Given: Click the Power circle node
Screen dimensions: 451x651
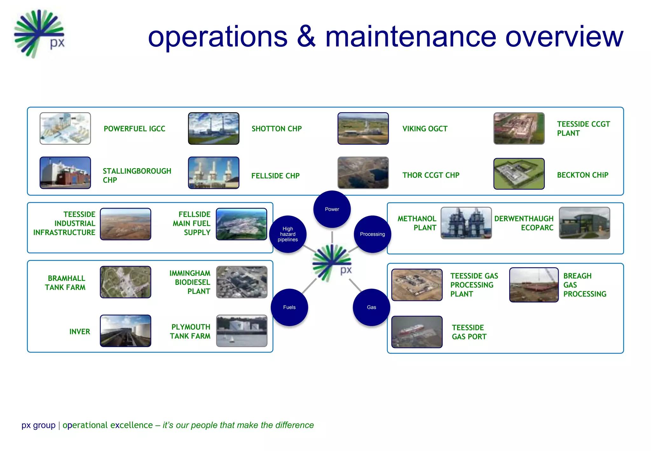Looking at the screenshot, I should click(x=332, y=209).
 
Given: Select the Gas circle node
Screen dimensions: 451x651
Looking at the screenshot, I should click(x=371, y=307).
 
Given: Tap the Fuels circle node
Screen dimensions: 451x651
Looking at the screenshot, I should click(x=289, y=307).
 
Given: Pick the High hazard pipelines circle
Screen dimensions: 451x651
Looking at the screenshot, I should click(x=288, y=234).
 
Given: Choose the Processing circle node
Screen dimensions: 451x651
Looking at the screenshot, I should click(x=372, y=234).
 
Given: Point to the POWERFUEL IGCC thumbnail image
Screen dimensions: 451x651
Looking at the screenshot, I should click(x=65, y=128).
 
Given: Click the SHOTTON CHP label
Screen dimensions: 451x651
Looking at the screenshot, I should click(x=277, y=129).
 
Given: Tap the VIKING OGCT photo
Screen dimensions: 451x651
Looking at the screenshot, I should click(x=363, y=128).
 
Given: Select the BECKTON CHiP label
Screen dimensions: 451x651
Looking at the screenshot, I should click(x=582, y=175).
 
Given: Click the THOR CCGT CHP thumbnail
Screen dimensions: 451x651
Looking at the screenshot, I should click(x=363, y=173).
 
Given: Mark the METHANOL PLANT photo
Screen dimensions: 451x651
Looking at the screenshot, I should click(x=466, y=223).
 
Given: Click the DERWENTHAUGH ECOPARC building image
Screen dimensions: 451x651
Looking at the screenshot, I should click(x=584, y=223).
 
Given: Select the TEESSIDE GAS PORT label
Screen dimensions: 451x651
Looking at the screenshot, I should click(x=469, y=332).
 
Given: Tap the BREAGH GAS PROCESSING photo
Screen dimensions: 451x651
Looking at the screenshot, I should click(x=534, y=285).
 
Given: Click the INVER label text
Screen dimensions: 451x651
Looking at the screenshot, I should click(x=80, y=331).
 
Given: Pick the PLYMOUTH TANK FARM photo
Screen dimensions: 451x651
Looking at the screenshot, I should click(x=242, y=331).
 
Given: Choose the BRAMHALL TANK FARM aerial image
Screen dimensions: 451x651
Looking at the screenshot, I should click(x=126, y=282).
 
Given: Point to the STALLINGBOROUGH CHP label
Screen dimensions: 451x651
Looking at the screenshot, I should click(x=137, y=175).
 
